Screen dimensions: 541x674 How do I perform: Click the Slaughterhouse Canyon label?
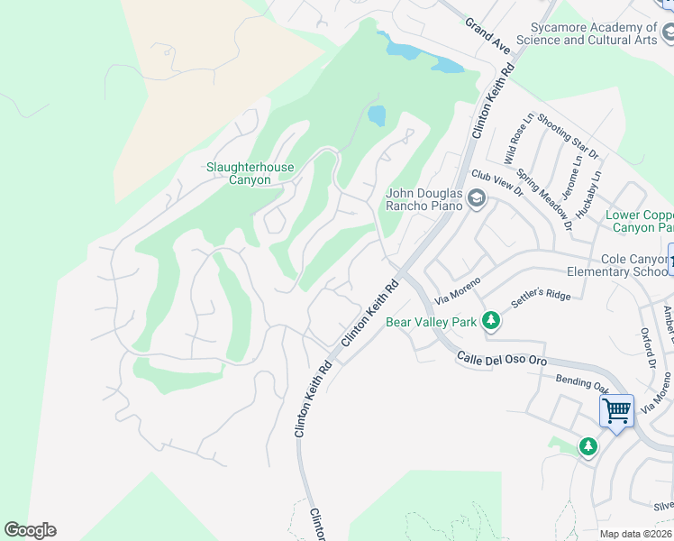coord(238,173)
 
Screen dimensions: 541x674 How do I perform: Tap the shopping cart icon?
coord(617,411)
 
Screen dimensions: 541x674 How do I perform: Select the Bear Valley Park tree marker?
coord(490,321)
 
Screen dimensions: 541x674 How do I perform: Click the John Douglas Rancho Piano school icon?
coord(476,200)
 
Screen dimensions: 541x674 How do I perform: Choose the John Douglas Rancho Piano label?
coord(424,199)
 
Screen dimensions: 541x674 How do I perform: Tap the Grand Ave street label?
coord(487,35)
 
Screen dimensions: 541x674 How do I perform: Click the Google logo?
coord(30,530)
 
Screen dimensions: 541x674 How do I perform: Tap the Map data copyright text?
coord(636,534)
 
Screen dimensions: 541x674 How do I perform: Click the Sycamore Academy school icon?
coord(668,34)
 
